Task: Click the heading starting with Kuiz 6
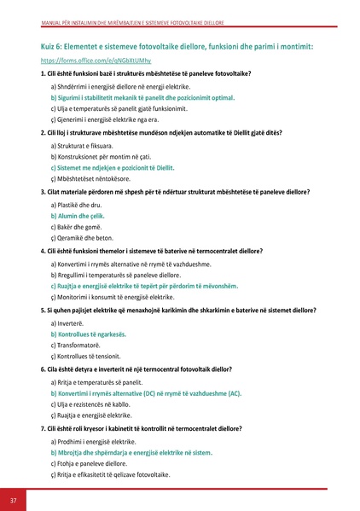pyautogui.click(x=177, y=46)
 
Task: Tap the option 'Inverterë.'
pyautogui.click(x=67, y=323)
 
